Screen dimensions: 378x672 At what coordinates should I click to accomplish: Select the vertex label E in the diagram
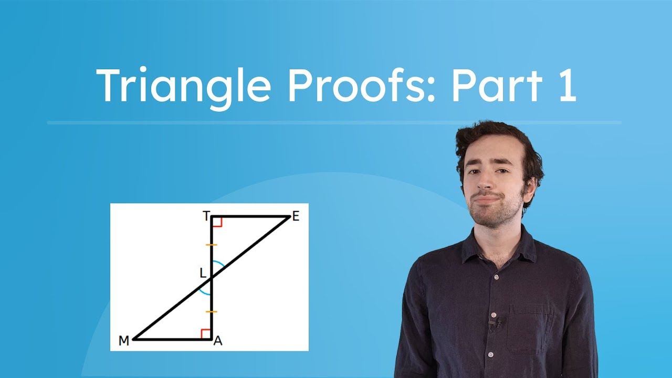pyautogui.click(x=296, y=217)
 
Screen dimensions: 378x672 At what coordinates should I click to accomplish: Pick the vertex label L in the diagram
pyautogui.click(x=203, y=273)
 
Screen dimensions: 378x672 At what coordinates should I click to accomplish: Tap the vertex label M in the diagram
pyautogui.click(x=124, y=341)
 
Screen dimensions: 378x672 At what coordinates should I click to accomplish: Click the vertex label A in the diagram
pyautogui.click(x=218, y=341)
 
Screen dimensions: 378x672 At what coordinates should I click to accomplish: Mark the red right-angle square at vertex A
pyautogui.click(x=206, y=334)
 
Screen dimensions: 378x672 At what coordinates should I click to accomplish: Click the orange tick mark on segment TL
pyautogui.click(x=211, y=245)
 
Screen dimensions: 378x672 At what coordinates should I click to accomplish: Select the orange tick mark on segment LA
pyautogui.click(x=211, y=312)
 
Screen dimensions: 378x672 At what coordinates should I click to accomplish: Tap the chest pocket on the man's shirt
pyautogui.click(x=530, y=328)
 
